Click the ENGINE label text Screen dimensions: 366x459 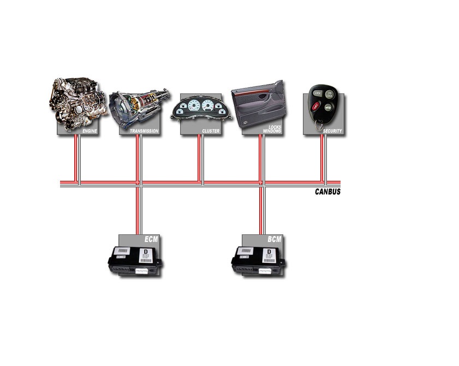pos(90,132)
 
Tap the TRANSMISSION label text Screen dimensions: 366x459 pos(144,132)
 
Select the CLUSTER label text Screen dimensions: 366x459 pos(211,132)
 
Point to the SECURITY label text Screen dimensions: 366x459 pos(332,132)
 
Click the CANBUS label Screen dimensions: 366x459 pos(327,192)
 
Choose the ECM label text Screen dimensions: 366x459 pos(151,239)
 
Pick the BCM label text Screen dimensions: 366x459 pos(275,239)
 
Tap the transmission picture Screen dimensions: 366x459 pos(139,107)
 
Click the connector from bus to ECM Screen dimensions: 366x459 pos(139,210)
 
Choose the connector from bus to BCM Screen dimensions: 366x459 pos(261,210)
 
